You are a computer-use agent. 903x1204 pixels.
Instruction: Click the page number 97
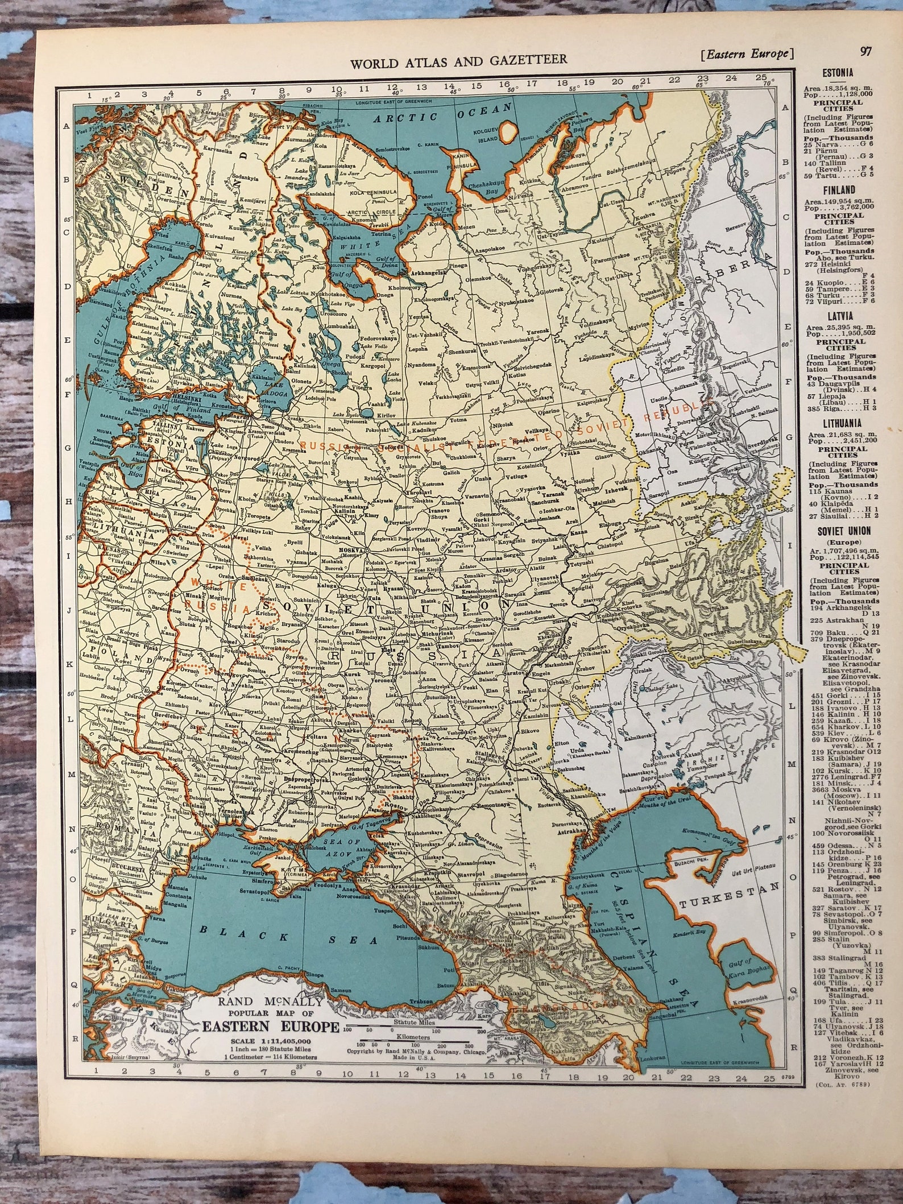click(x=866, y=52)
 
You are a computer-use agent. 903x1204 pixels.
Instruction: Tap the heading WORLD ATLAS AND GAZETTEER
click(x=458, y=61)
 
